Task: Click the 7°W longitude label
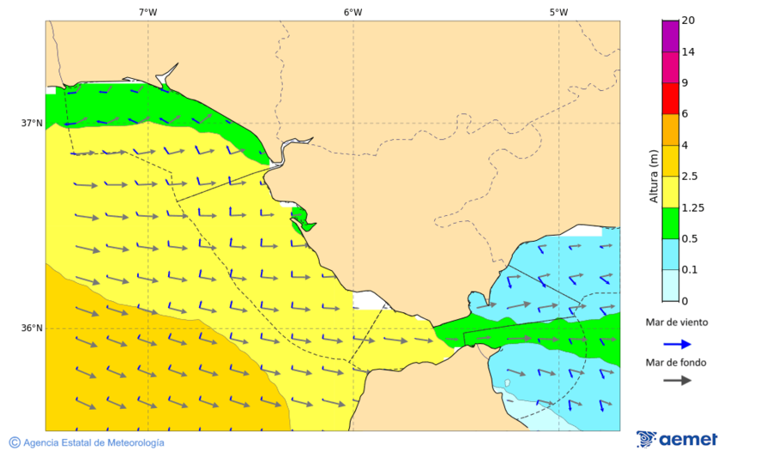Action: (148, 12)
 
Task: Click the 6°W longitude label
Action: (353, 12)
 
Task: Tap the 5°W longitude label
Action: (558, 12)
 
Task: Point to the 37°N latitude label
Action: (32, 123)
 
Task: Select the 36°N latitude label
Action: (32, 328)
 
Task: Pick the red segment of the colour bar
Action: (670, 98)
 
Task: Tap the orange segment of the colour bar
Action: (670, 129)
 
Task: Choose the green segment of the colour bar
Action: (670, 222)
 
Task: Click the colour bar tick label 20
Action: (688, 21)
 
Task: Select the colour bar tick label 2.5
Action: (690, 177)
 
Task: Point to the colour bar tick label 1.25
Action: (691, 207)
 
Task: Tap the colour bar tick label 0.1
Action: (689, 270)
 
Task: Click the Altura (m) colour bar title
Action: (654, 177)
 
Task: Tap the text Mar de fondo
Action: (676, 363)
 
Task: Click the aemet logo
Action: (678, 439)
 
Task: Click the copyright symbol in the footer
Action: (15, 442)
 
